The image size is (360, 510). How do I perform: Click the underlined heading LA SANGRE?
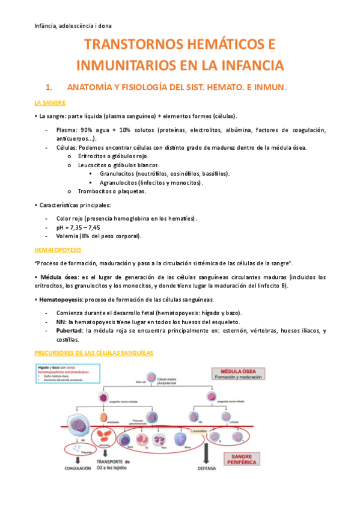[x=50, y=103]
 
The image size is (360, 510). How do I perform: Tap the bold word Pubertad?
[x=70, y=331]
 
